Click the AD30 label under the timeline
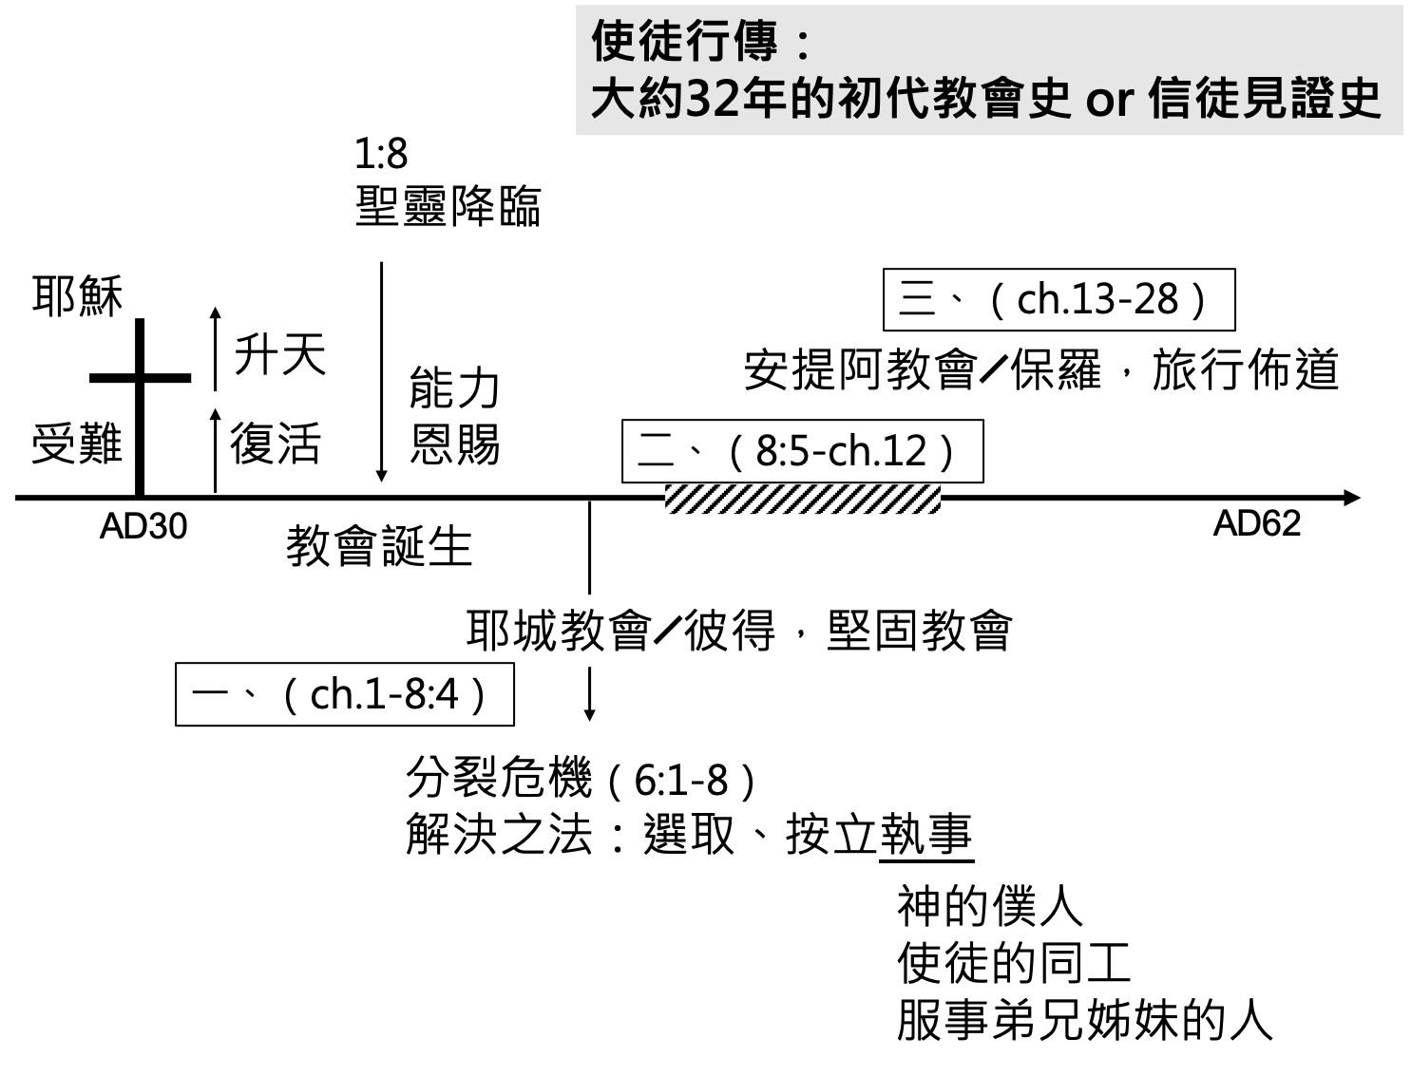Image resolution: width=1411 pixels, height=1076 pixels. tap(143, 526)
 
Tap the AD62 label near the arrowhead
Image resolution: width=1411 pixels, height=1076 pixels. tap(1257, 523)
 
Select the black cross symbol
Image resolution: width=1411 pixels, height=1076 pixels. tap(140, 407)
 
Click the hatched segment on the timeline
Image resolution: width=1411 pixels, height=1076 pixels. tap(803, 500)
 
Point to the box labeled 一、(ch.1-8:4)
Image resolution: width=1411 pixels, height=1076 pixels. tap(345, 694)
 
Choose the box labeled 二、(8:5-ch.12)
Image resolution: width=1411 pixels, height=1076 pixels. tap(802, 451)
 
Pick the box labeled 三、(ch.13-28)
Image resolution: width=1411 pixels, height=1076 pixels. tap(1058, 299)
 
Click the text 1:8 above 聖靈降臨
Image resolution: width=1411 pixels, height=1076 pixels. tap(381, 154)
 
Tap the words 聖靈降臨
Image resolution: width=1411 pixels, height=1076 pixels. tap(448, 206)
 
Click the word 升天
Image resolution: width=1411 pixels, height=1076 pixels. tap(280, 354)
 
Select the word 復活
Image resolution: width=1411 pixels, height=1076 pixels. tap(276, 444)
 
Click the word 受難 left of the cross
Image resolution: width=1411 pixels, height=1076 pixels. tap(77, 444)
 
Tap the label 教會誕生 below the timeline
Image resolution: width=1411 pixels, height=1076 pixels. tap(379, 546)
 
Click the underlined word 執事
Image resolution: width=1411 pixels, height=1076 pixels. tap(925, 835)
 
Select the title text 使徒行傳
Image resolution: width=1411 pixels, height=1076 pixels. tap(685, 41)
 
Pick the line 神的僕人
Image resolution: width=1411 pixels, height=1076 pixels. tap(990, 906)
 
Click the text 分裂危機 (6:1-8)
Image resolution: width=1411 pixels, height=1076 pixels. tap(582, 779)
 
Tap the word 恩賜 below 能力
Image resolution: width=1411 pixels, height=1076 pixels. tap(455, 444)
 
